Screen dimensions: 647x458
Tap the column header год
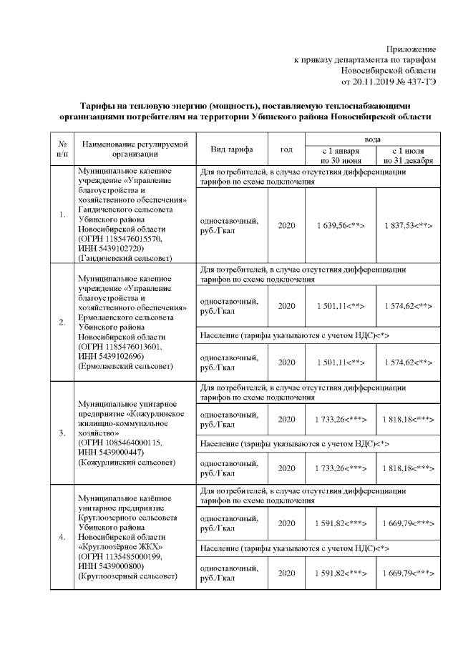(286, 149)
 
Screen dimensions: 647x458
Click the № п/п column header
(62, 148)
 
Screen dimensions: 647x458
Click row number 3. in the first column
(62, 432)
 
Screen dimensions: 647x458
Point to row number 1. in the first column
(62, 214)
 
